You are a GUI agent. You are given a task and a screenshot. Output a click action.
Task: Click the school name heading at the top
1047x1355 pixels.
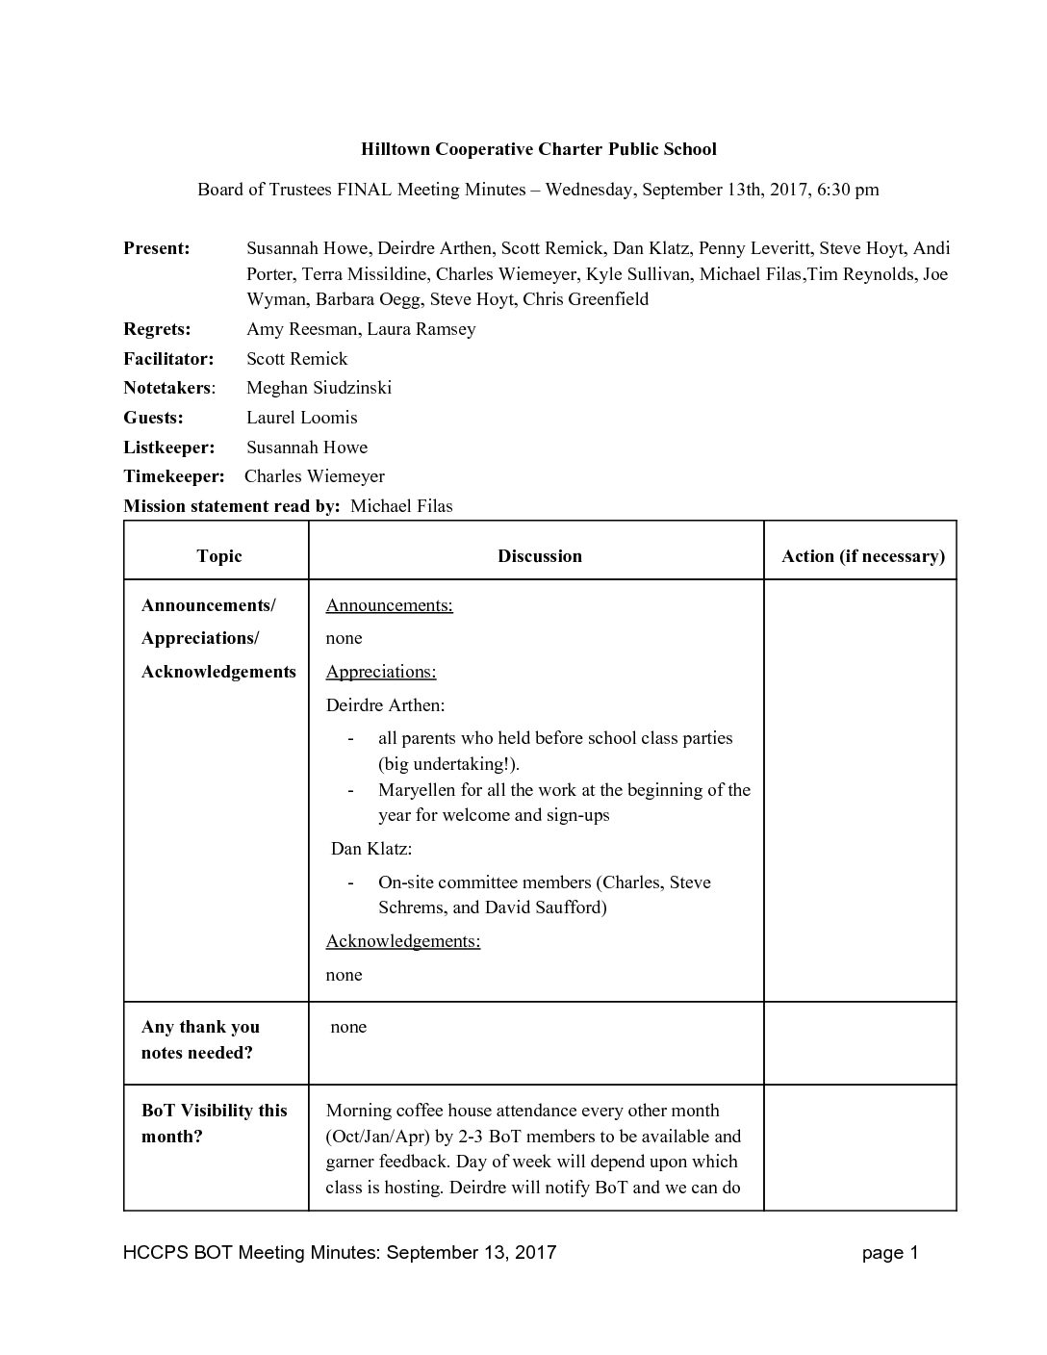coord(538,149)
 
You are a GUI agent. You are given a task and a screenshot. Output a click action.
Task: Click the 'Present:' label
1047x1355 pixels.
coord(156,248)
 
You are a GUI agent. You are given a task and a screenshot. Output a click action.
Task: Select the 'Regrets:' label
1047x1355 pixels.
coord(157,329)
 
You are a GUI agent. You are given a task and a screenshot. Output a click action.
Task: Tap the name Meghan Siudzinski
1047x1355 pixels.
coord(319,388)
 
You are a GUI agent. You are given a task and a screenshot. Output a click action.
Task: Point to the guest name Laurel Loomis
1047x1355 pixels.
coord(301,418)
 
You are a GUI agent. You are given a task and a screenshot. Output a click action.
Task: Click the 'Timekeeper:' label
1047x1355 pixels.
coord(173,476)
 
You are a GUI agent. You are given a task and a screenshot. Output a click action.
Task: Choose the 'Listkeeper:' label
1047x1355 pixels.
coord(168,447)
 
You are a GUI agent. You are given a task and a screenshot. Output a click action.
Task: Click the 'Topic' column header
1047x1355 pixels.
coord(218,556)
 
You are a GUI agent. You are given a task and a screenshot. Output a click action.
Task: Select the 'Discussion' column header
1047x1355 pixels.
coord(539,556)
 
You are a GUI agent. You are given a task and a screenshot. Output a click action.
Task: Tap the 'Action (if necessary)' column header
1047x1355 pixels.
coord(862,556)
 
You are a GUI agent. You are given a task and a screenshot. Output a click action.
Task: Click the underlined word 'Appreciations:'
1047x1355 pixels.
coord(381,672)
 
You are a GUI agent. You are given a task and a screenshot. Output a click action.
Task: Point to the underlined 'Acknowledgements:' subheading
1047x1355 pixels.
coord(403,941)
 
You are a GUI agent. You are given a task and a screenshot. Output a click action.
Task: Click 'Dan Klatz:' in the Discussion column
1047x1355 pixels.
coord(371,849)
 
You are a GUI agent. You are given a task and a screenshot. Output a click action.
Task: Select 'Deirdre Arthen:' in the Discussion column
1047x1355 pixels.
coord(385,705)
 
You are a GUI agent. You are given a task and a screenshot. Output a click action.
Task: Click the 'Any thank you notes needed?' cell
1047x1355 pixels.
coord(200,1039)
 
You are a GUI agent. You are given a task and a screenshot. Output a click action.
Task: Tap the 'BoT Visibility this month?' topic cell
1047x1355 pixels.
coord(214,1123)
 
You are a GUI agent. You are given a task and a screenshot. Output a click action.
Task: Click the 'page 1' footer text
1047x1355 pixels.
coord(890,1253)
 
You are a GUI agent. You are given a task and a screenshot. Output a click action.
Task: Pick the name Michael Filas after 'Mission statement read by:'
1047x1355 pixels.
coord(401,506)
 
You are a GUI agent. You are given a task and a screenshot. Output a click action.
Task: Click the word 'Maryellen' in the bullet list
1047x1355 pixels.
coord(418,790)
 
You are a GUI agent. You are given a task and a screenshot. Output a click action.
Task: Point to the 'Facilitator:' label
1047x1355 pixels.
coord(168,359)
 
